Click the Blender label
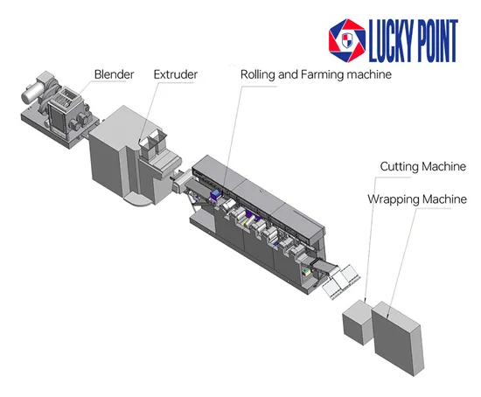click(114, 74)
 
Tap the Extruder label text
click(176, 74)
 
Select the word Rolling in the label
click(257, 75)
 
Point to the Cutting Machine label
click(423, 167)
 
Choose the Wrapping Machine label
click(417, 199)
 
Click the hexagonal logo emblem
click(347, 40)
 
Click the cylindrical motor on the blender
click(31, 93)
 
